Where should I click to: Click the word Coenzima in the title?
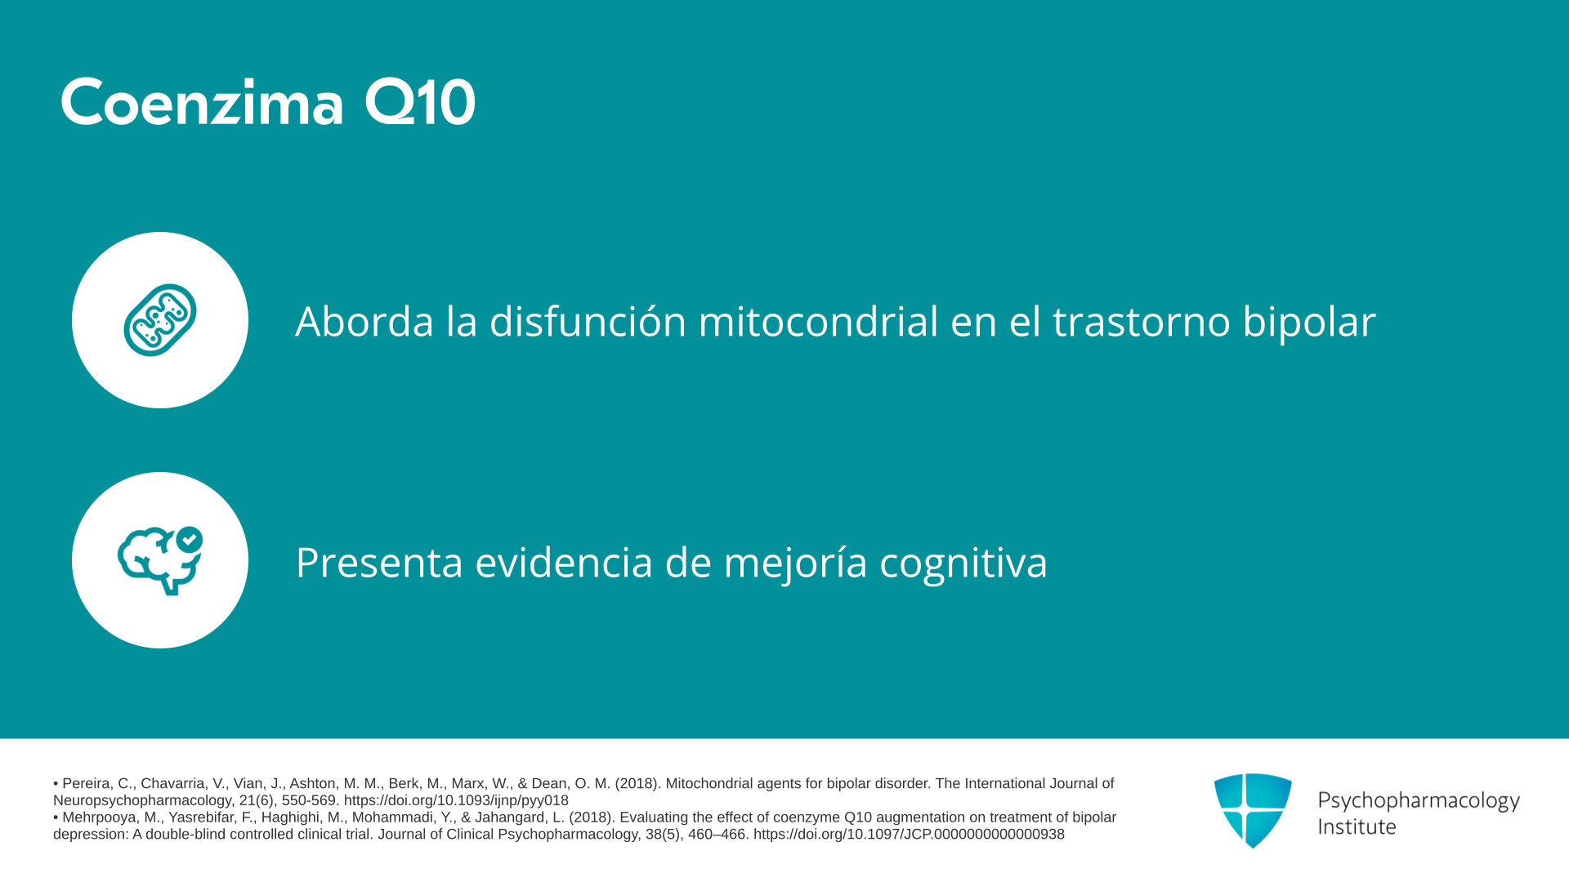pos(202,103)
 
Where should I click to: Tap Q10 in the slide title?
pos(419,103)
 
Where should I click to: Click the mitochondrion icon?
pos(160,320)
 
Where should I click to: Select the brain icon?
pos(160,560)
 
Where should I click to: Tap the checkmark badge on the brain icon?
pos(190,539)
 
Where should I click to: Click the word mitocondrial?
pos(818,321)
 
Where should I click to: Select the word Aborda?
pos(364,321)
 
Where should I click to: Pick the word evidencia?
pos(564,562)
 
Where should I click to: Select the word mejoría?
pos(795,563)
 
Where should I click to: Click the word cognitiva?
pos(963,563)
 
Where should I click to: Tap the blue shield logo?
pos(1253,810)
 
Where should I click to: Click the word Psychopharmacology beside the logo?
pos(1419,801)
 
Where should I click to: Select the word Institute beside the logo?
pos(1357,826)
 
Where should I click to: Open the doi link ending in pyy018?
pos(456,801)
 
